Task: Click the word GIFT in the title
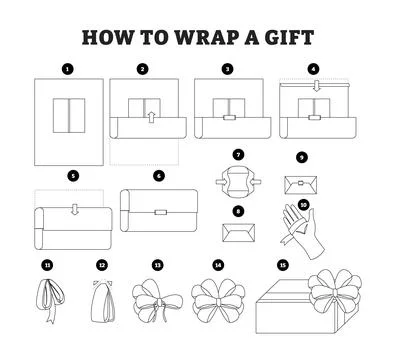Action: (x=289, y=38)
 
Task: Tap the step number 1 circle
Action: (x=67, y=69)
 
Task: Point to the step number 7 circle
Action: (x=237, y=155)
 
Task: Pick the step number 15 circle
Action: (x=283, y=265)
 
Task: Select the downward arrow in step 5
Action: (x=74, y=211)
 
